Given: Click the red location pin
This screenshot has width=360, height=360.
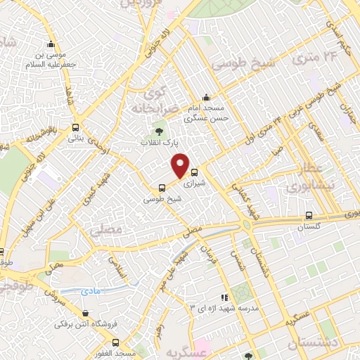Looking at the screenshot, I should (181, 165).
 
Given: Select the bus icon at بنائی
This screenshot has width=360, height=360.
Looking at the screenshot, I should (75, 127).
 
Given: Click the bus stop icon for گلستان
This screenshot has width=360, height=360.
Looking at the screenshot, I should (309, 215).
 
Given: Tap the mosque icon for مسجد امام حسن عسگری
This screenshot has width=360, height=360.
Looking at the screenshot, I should (205, 98).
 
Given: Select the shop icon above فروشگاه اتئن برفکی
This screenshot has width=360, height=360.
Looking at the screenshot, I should (85, 314).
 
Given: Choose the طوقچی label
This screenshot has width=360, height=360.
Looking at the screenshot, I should (14, 286).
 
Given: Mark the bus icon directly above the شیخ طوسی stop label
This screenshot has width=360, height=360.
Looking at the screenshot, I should (162, 187).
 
